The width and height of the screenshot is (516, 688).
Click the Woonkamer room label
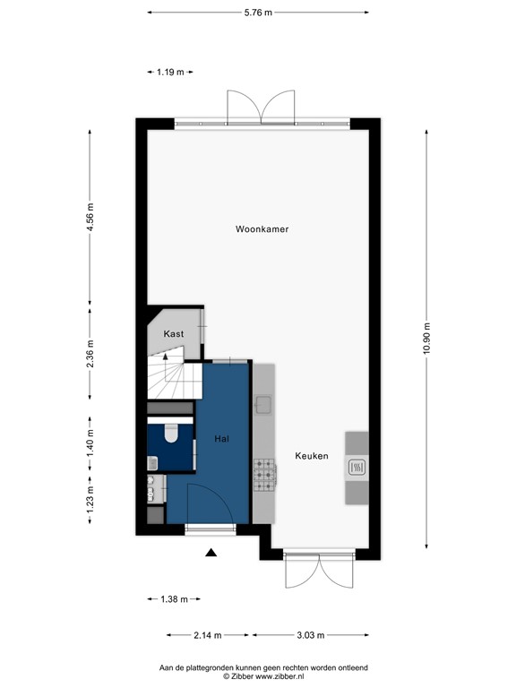click(x=262, y=229)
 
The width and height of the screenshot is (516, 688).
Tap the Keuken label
click(x=312, y=456)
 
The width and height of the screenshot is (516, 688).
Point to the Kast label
click(x=174, y=334)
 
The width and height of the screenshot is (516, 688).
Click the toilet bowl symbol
click(x=173, y=434)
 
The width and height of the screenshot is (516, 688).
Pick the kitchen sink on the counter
click(x=263, y=406)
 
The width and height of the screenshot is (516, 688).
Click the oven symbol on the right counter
click(x=356, y=466)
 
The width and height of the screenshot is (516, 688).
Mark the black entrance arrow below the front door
click(x=211, y=554)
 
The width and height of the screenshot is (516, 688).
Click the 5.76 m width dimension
click(x=259, y=13)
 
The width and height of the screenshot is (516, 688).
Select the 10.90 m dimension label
click(x=428, y=338)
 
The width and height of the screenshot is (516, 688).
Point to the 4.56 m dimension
click(x=90, y=219)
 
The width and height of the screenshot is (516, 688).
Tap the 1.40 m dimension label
click(x=90, y=443)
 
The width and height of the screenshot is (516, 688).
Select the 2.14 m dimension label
click(x=207, y=635)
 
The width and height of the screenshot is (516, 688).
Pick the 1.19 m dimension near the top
click(x=170, y=73)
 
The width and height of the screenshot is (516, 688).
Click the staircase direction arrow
click(x=165, y=357)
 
